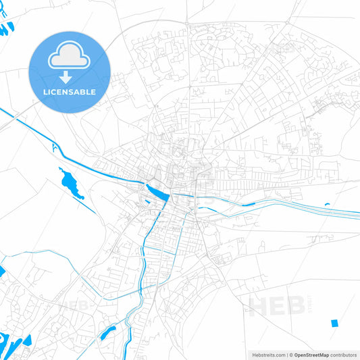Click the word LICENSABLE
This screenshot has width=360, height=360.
(x=70, y=92)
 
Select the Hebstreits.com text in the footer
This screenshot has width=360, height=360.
(x=267, y=355)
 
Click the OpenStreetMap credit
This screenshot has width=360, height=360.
(x=311, y=355)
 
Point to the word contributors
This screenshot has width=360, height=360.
(x=344, y=355)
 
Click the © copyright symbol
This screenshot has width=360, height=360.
(x=290, y=355)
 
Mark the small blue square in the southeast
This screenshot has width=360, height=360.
(x=334, y=323)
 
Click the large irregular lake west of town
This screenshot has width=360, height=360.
(x=70, y=183)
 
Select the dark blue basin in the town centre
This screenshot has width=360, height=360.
(x=159, y=194)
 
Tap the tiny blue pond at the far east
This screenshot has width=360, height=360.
(x=327, y=204)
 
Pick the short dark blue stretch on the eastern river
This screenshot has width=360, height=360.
(x=248, y=204)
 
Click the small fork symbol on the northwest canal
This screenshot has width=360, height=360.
(x=53, y=146)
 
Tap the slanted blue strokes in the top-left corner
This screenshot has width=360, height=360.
(x=6, y=30)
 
